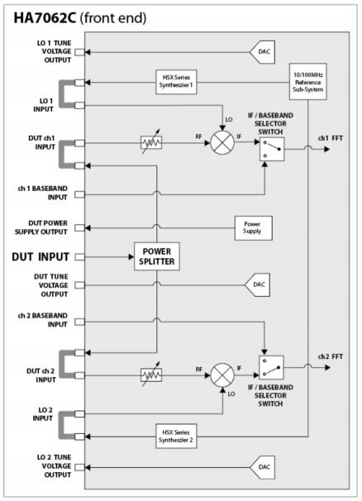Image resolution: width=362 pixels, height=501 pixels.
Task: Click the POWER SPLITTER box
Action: [156, 256]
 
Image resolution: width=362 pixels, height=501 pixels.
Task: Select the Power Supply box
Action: [254, 228]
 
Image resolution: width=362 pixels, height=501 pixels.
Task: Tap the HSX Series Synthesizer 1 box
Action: [176, 82]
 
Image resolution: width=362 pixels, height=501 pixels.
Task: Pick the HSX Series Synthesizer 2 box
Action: [176, 437]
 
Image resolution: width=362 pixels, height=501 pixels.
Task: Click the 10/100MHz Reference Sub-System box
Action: [307, 82]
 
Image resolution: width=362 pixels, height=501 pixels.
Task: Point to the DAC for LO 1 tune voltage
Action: [262, 52]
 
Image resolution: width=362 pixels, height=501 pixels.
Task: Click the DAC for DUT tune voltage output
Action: [257, 284]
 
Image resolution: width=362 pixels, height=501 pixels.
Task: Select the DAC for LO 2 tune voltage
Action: [262, 467]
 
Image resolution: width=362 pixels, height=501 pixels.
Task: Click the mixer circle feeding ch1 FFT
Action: [222, 143]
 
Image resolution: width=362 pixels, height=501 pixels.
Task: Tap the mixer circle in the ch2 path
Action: [222, 375]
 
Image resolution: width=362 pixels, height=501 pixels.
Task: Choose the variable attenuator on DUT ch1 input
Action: [151, 142]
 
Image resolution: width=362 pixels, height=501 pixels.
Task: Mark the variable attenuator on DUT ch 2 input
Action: [151, 375]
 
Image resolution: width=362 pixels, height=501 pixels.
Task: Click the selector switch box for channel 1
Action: [272, 149]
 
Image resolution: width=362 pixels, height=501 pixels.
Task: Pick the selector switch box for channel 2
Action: [271, 367]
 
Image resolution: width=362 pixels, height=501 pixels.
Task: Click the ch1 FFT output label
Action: [331, 138]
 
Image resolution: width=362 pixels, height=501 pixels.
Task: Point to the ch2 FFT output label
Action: [331, 356]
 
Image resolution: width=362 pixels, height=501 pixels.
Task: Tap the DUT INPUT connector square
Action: [80, 257]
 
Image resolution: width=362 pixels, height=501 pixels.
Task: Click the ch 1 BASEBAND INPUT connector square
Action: [80, 194]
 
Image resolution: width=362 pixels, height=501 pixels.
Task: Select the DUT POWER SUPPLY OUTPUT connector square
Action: [80, 228]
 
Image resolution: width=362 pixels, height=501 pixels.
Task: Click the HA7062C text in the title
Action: [45, 18]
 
